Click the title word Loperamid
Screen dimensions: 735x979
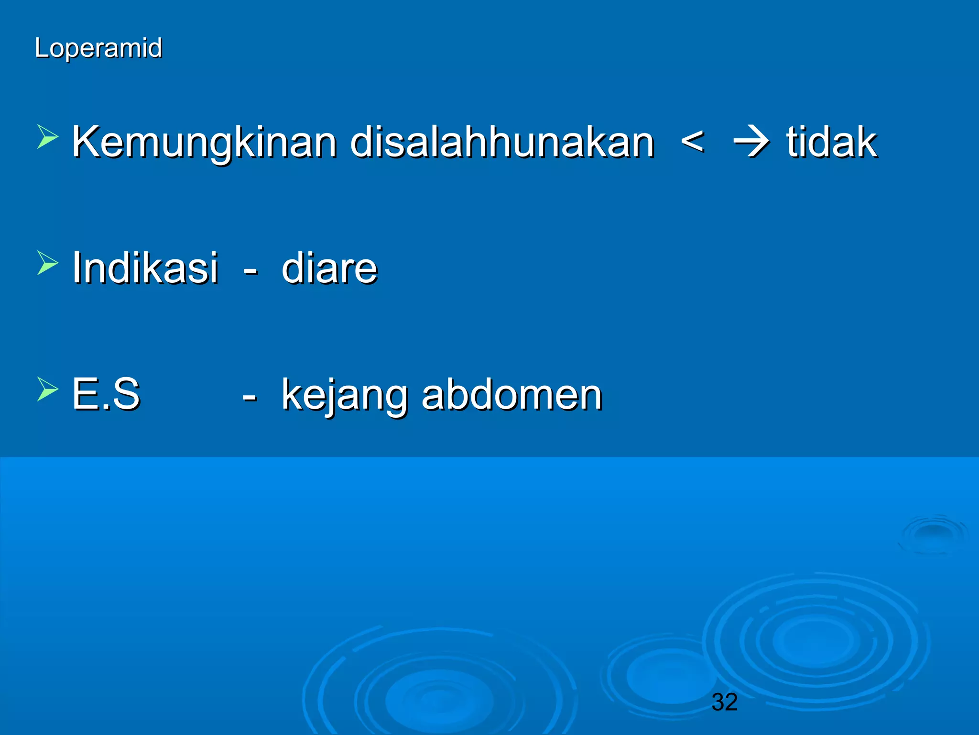pos(98,48)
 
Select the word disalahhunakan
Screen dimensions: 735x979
pos(502,142)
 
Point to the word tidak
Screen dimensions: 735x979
pos(831,142)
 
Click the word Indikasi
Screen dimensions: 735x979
pos(145,268)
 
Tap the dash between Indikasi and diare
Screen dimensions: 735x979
pos(250,271)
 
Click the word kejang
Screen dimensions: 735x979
pos(343,396)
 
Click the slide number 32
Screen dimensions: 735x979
pos(724,702)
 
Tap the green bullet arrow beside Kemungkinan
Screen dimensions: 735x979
pos(47,137)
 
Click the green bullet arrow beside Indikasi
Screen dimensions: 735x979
pos(47,263)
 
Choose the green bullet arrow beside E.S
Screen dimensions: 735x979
pos(47,389)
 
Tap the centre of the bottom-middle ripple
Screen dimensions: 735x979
pos(439,699)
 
